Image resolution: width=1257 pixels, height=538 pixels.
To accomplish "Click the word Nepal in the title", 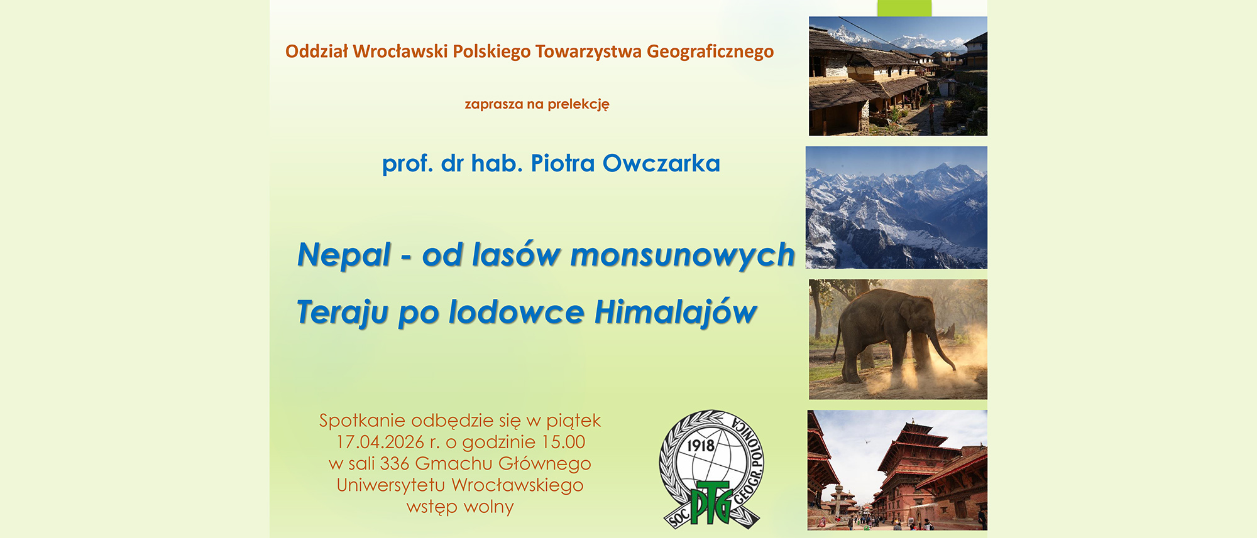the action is tap(344, 256).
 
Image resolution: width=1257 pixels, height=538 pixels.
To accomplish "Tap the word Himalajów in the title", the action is tap(676, 313).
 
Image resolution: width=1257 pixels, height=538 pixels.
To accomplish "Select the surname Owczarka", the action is tap(661, 164).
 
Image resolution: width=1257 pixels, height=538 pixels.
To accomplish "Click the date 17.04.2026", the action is tap(380, 442).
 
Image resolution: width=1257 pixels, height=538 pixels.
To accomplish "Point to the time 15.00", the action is tap(563, 442).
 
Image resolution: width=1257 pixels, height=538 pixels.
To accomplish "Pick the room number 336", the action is tap(395, 463).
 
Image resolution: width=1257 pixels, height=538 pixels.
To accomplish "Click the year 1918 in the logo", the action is tap(701, 446).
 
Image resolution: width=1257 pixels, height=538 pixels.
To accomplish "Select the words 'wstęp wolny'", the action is tap(460, 507).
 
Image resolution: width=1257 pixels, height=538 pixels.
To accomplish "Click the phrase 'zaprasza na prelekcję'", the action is tap(537, 104).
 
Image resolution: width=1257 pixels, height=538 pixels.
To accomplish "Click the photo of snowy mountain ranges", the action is tap(896, 207).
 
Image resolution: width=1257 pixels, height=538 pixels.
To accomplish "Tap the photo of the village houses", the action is tap(898, 76).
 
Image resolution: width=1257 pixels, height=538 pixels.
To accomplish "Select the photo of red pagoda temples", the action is tap(897, 470).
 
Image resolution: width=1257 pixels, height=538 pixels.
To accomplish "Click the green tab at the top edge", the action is tap(904, 8).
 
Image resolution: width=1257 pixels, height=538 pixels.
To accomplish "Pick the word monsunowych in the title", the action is tap(683, 256).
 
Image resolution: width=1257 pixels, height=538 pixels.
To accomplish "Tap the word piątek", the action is tap(573, 421).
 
